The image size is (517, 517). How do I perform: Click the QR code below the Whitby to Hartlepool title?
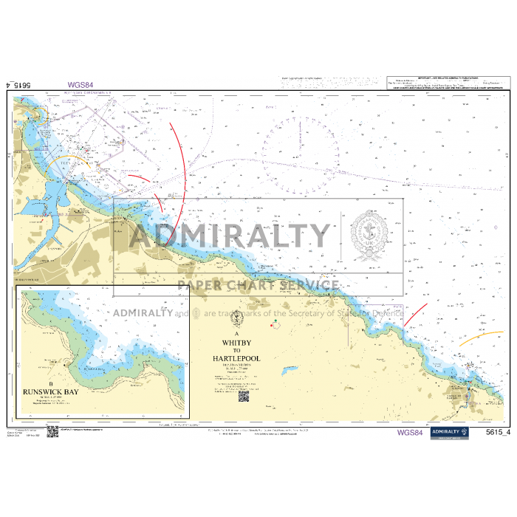242,397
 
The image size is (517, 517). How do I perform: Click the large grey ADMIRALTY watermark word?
229,236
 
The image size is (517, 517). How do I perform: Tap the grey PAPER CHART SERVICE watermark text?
258,285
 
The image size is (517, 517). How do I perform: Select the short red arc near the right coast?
416,314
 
